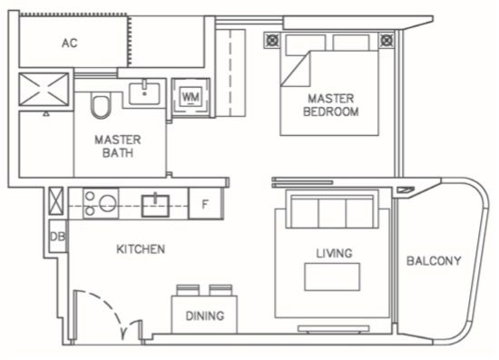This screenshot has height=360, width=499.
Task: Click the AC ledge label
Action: click(70, 43)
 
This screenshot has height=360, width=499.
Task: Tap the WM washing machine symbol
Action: click(191, 97)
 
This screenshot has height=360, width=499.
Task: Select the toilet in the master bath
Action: click(101, 105)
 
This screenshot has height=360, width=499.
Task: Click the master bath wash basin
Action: click(144, 92)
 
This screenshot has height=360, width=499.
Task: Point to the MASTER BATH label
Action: click(118, 146)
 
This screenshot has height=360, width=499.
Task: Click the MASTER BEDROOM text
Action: click(330, 105)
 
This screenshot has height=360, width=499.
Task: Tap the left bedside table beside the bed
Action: click(272, 40)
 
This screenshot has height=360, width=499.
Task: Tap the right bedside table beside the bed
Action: click(386, 40)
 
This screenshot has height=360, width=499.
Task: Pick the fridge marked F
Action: click(206, 203)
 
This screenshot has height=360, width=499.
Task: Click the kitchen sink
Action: click(155, 206)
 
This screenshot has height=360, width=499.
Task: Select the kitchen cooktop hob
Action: click(101, 203)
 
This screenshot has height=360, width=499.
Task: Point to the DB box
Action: click(57, 237)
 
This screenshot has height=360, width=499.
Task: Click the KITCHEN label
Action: click(141, 249)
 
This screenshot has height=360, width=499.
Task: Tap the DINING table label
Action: click(205, 316)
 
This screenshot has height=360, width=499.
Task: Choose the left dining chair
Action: click(188, 290)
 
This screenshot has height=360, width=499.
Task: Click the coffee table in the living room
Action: click(332, 277)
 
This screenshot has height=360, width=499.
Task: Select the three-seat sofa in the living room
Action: click(332, 209)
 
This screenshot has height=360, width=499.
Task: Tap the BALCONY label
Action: click(434, 261)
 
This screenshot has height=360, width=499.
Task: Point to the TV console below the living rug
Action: click(334, 329)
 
